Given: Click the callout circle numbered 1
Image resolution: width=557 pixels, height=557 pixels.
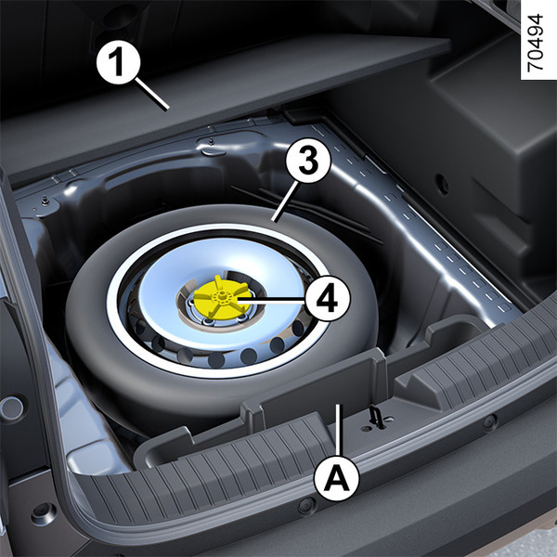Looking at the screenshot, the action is (119, 62).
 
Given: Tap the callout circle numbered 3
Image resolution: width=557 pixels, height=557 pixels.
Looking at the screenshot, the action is (308, 161).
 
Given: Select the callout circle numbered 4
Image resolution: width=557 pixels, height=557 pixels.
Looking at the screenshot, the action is (328, 298).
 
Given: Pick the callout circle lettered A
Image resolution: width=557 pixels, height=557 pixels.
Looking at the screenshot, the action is (337, 478).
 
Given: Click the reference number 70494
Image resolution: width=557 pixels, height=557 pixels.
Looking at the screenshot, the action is (535, 43).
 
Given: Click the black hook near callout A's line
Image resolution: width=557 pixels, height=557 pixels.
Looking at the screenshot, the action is (374, 415).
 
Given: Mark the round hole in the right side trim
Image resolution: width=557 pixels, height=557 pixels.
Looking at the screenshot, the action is (442, 184).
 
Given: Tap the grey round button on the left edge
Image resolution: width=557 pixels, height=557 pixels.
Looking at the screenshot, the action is (11, 408).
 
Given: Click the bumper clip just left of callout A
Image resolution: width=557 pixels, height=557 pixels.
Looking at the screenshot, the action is (307, 506).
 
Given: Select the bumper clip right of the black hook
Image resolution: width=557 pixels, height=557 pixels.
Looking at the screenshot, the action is (489, 421).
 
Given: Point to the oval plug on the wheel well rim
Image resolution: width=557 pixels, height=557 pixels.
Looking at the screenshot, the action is (213, 151).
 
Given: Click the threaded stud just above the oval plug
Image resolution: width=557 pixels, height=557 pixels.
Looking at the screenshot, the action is (211, 141).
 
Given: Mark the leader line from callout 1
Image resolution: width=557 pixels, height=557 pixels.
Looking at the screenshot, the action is (151, 94).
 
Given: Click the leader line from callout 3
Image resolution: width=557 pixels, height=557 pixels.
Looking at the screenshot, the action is (284, 201).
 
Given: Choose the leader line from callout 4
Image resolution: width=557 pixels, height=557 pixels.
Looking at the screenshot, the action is (271, 299).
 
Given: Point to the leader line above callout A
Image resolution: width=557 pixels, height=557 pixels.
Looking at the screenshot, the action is (339, 430).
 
